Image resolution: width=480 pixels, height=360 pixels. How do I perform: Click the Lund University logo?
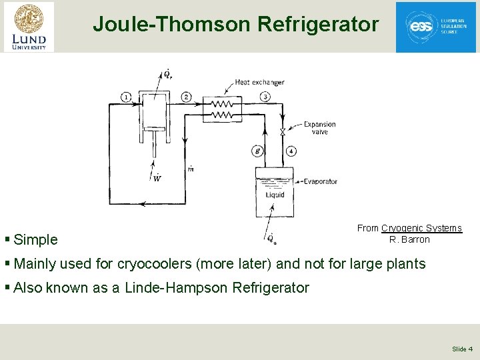point(29,27)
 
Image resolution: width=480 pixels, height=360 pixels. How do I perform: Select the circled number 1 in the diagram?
point(127,97)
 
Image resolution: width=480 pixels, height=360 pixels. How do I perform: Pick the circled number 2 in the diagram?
point(186,97)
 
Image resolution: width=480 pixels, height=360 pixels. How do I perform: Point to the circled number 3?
point(265,97)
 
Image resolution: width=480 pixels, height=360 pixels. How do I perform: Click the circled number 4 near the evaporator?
point(291,151)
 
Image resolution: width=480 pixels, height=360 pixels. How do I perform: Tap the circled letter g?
point(257,151)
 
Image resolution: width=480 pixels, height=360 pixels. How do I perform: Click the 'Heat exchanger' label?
point(259,83)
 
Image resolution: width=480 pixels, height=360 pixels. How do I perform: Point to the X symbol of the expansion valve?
point(283,132)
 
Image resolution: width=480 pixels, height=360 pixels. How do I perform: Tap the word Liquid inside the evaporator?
point(275,195)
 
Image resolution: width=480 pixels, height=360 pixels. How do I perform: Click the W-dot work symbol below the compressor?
point(157,177)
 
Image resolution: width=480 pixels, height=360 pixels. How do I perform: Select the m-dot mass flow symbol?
point(191,169)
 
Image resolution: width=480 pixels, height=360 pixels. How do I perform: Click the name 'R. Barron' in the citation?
point(409,239)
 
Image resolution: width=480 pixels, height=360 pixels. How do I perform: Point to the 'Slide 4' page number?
point(462,349)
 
